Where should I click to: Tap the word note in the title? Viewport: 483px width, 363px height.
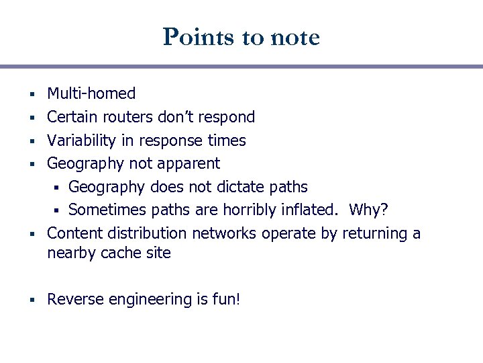pyautogui.click(x=294, y=37)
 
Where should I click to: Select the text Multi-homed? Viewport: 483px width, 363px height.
pyautogui.click(x=91, y=93)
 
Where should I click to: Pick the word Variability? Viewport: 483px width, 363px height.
pyautogui.click(x=78, y=140)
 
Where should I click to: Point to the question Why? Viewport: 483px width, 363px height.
pyautogui.click(x=368, y=210)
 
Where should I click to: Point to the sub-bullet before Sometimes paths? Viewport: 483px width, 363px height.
pyautogui.click(x=59, y=211)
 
